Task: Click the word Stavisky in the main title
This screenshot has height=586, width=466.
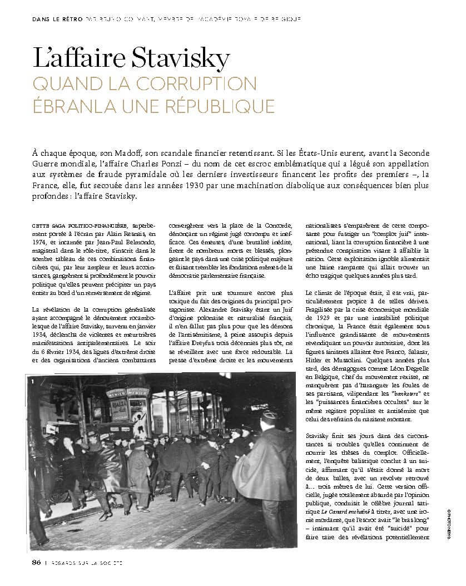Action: pos(179,58)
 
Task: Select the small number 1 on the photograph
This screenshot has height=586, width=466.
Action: pos(33,382)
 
